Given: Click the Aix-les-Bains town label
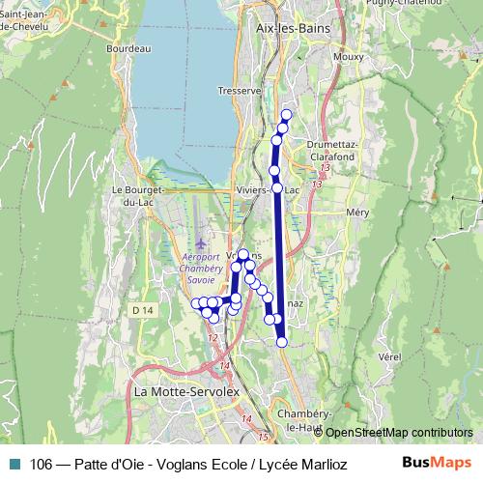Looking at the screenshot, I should point(293,29).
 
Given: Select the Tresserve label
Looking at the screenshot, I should point(241,90).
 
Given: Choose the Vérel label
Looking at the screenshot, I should point(389,355).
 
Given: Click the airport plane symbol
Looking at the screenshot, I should point(201,242).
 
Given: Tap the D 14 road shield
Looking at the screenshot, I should point(143,309).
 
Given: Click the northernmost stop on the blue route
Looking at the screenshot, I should point(286,115).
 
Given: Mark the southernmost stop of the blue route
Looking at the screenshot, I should point(282,342).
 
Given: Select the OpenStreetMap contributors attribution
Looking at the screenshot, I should point(398,434).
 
